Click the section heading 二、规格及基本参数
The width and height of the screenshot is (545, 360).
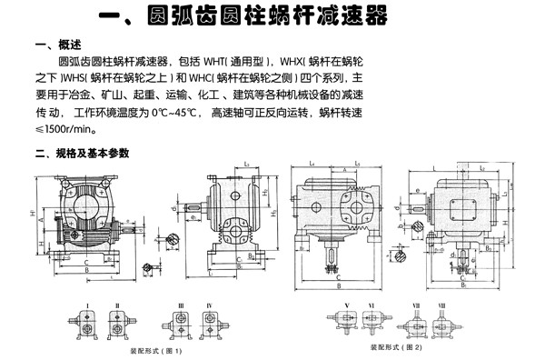click(83, 152)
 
